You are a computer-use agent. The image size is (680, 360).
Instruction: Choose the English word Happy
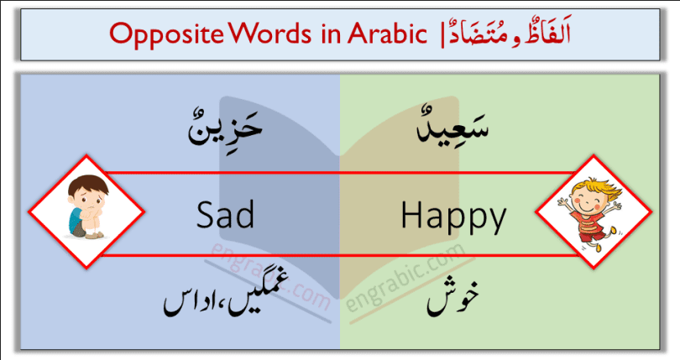click(453, 218)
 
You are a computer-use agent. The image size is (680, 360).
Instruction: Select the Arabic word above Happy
click(456, 134)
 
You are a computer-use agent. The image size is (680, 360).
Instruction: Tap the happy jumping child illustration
click(591, 211)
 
